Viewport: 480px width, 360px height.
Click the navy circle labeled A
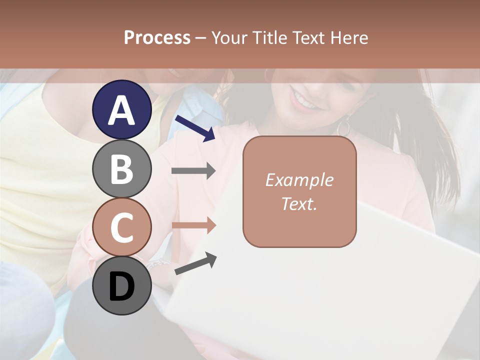(x=121, y=109)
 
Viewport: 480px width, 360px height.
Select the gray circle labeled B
(x=121, y=168)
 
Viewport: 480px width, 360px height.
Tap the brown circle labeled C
(x=121, y=227)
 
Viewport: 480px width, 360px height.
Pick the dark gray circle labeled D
(x=121, y=286)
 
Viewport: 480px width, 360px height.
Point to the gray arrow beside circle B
(x=193, y=171)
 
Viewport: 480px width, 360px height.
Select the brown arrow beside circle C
(x=193, y=225)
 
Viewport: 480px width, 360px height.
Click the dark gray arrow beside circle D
(x=195, y=263)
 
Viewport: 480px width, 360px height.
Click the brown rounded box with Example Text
(x=299, y=191)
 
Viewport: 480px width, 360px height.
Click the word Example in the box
(x=299, y=180)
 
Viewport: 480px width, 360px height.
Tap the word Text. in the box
(x=299, y=203)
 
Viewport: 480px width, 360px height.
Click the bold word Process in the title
(x=157, y=37)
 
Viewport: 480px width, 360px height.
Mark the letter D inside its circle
(x=121, y=287)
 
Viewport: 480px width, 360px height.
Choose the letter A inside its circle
(x=121, y=110)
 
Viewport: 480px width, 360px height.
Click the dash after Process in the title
(x=200, y=38)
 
